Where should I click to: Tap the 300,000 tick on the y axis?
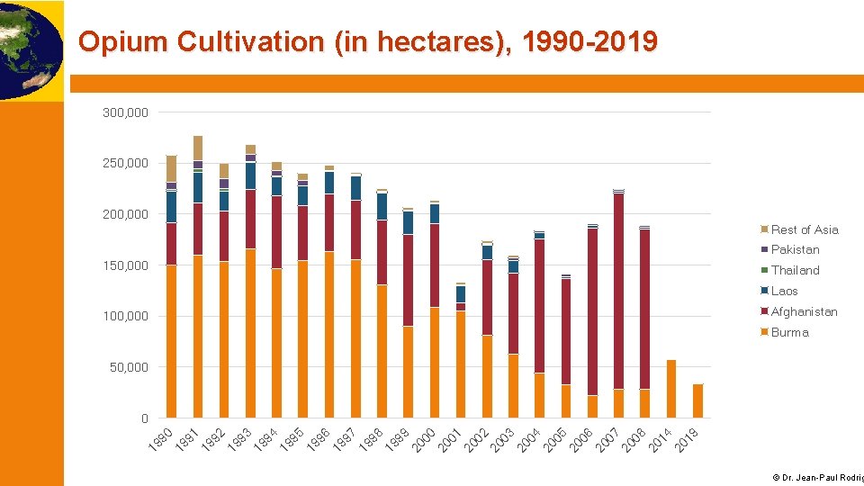(126, 112)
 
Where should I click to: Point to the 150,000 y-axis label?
(126, 265)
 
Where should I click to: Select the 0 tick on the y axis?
(144, 418)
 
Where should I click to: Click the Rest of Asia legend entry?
(804, 229)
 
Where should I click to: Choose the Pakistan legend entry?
(795, 249)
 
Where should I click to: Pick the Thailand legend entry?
(795, 270)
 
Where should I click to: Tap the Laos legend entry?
(784, 291)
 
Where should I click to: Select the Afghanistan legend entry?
(804, 311)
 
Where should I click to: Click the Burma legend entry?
(789, 332)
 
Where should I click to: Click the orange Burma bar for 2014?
(671, 389)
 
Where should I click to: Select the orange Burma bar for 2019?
(697, 401)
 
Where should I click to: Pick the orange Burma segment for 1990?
(171, 341)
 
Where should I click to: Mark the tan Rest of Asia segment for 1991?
(197, 148)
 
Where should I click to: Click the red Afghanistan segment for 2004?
(539, 306)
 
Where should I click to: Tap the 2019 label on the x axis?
(688, 438)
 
